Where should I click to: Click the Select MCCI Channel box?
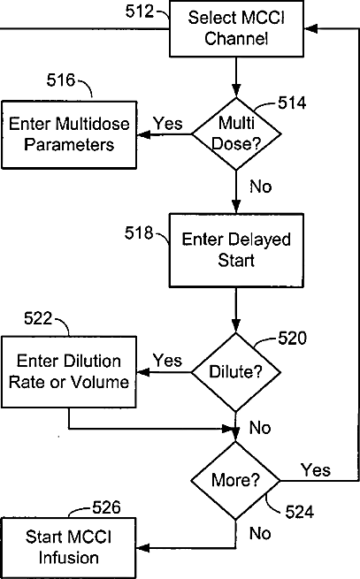[236, 28]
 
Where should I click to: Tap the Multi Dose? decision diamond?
[236, 133]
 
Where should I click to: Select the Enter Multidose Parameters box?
[69, 134]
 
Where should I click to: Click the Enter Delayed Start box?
[236, 250]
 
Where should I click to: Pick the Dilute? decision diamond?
[236, 372]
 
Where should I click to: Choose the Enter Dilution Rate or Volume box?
[69, 372]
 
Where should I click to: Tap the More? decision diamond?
[235, 480]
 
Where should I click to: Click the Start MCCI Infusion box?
[69, 547]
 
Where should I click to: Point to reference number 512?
[140, 11]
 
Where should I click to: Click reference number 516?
[61, 80]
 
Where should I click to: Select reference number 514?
[292, 103]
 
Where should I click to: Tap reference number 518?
[139, 232]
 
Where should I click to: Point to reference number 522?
[38, 318]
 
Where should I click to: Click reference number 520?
[292, 338]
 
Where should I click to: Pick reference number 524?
[299, 512]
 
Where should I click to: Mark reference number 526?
[106, 507]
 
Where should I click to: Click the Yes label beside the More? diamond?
[316, 470]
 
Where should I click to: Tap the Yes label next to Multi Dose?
[168, 124]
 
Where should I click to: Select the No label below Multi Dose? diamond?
[261, 187]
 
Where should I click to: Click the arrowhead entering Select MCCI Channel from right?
[310, 28]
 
